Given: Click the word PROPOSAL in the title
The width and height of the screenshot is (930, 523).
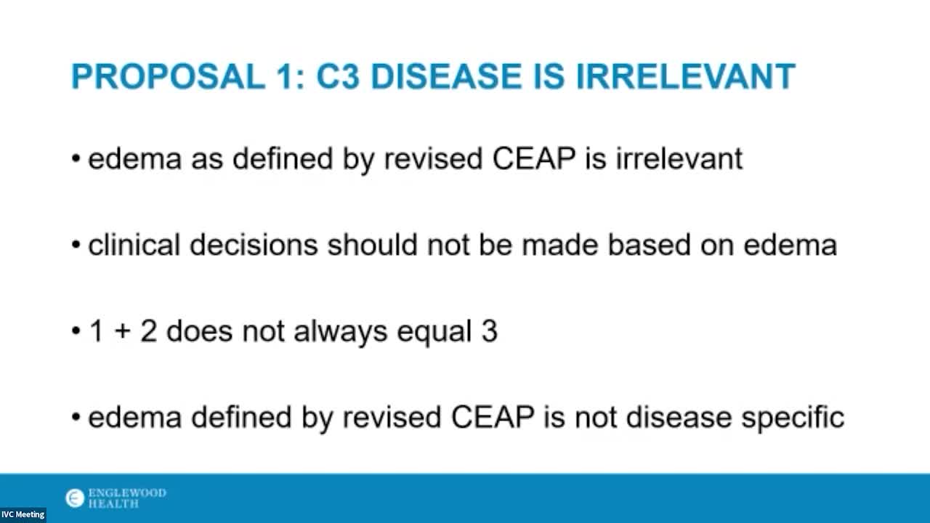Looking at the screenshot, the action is click(169, 76).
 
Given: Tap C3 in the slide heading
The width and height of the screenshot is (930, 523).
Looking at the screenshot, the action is click(338, 76).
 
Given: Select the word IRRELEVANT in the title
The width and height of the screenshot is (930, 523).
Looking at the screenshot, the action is click(685, 76).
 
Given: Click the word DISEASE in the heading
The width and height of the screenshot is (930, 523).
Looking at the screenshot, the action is click(445, 76).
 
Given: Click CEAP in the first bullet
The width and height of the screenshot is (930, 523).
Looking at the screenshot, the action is click(534, 158).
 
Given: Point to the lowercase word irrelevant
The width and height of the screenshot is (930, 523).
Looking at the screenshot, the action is click(679, 158).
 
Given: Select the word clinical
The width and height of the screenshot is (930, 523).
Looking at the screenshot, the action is click(134, 245).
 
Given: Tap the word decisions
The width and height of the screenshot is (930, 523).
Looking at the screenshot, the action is click(254, 245).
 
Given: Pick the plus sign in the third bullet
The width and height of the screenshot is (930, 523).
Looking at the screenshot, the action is click(122, 332).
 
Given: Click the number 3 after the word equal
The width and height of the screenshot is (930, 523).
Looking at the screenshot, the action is click(490, 331).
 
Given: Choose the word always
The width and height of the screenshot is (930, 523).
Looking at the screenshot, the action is click(341, 332).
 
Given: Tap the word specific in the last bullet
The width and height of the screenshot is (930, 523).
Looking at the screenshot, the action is click(793, 418).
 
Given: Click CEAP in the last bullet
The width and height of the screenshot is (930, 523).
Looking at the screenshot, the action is click(493, 417).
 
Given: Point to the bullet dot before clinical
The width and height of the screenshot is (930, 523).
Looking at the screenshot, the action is click(76, 245).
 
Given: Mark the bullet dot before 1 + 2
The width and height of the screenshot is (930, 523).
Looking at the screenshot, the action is click(76, 331).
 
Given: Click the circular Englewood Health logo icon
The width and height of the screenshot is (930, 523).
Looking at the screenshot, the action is click(75, 498).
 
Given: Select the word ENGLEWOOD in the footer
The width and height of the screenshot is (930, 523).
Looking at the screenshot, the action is click(127, 492).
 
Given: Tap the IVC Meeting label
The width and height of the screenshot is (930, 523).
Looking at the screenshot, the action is click(23, 515).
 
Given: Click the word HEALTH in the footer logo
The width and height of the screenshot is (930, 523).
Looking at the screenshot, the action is click(113, 504).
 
